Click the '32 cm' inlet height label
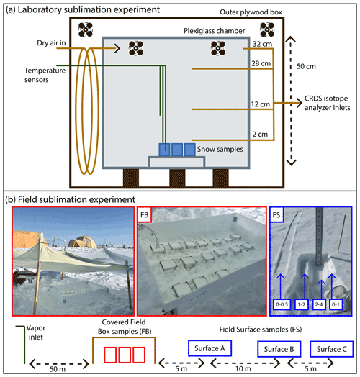pyautogui.click(x=262, y=44)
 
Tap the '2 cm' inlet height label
pyautogui.click(x=260, y=134)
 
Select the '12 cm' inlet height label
pyautogui.click(x=261, y=104)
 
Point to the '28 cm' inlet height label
pyautogui.click(x=261, y=63)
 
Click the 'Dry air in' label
pyautogui.click(x=51, y=42)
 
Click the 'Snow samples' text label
pyautogui.click(x=220, y=149)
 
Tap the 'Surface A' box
pyautogui.click(x=210, y=348)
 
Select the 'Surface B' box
pyautogui.click(x=279, y=349)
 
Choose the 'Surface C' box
pyautogui.click(x=332, y=349)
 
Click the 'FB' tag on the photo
pyautogui.click(x=145, y=214)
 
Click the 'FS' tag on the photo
pyautogui.click(x=276, y=214)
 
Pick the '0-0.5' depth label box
pyautogui.click(x=282, y=304)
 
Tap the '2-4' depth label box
pyautogui.click(x=319, y=304)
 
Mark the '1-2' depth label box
pyautogui.click(x=302, y=304)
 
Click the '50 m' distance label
pyautogui.click(x=58, y=369)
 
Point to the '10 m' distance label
pyautogui.click(x=243, y=368)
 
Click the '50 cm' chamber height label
pyautogui.click(x=306, y=66)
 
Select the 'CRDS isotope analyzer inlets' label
pyautogui.click(x=328, y=103)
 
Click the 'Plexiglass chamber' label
pyautogui.click(x=214, y=31)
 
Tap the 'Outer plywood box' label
pyautogui.click(x=251, y=12)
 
